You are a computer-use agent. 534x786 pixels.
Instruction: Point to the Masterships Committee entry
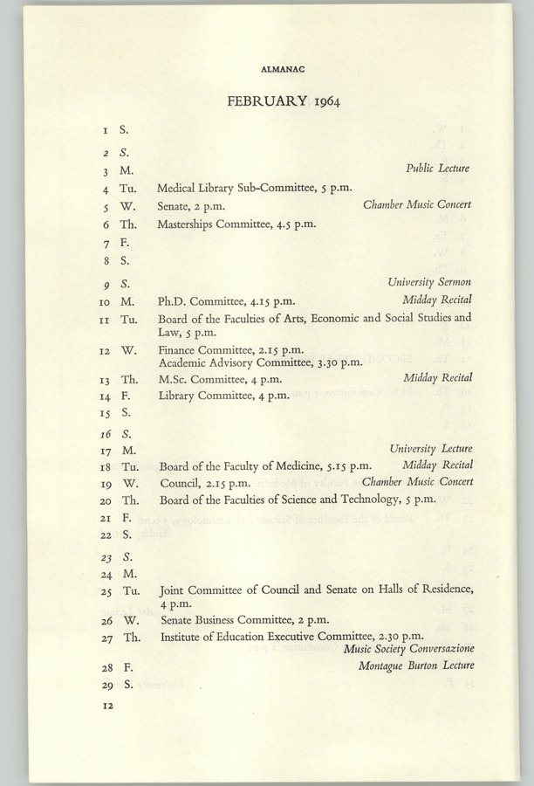(236, 224)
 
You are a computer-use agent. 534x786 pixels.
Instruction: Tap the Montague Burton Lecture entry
(416, 666)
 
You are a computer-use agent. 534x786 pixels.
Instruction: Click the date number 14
(105, 396)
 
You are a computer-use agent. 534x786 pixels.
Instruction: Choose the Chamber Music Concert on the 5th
(417, 205)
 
